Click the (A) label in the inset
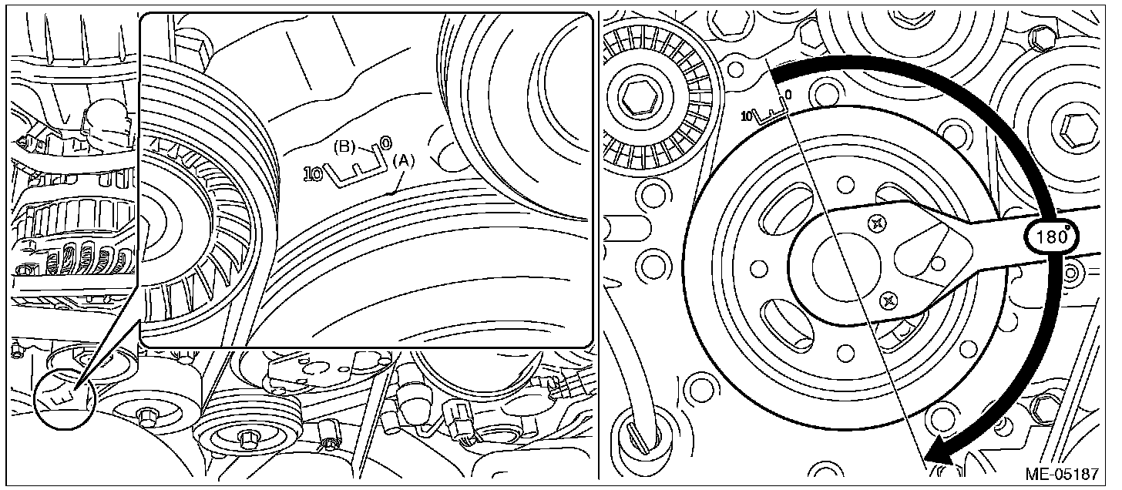[405, 161]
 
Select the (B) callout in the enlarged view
[344, 147]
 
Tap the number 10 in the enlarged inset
[313, 175]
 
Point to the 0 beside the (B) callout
[385, 143]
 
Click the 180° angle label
[1052, 237]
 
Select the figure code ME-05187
[1062, 474]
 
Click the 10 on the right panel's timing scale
[746, 117]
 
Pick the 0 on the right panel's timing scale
[788, 94]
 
